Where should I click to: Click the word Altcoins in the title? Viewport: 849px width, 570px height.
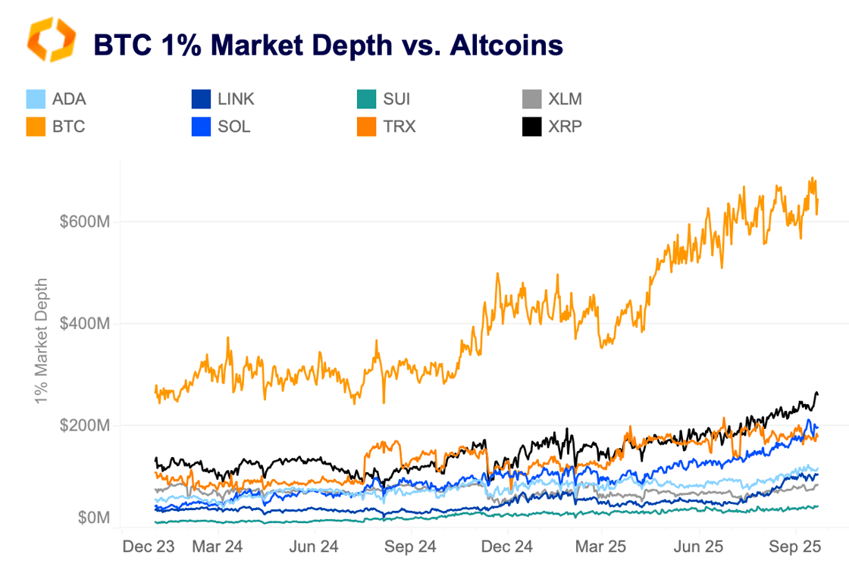(506, 45)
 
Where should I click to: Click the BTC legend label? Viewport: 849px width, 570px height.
(68, 127)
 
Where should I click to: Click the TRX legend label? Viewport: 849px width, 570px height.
(399, 127)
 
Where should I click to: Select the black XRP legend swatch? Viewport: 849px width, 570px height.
(532, 127)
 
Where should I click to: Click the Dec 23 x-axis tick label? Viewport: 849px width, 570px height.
(145, 546)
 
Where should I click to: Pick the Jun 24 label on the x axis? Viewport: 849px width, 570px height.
(314, 546)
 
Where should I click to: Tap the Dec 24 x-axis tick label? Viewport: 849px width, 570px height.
(506, 546)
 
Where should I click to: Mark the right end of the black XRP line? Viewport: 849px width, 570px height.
(818, 393)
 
